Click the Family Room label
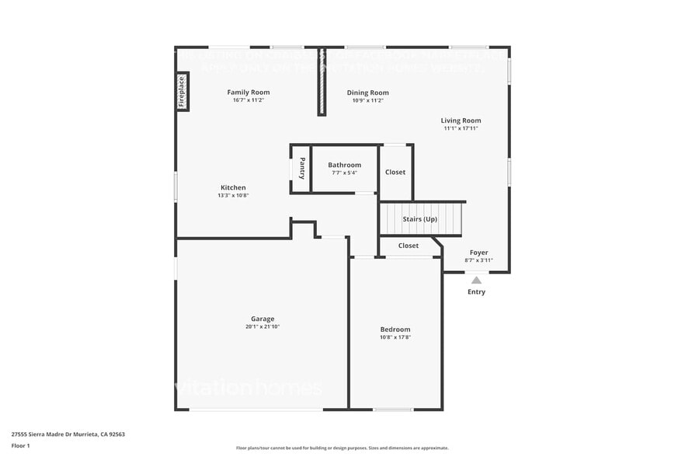coord(249,92)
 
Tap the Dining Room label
coord(367,92)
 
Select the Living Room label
coord(461,120)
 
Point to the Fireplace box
coord(183,91)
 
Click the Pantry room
coord(301,168)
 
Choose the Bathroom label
coord(344,165)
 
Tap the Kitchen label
coord(233,187)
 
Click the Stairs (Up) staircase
coord(420,218)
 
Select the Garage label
coord(263,319)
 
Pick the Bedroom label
coord(395,330)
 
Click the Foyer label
coord(478,253)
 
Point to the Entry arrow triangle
coord(476,280)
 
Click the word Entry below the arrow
coord(476,292)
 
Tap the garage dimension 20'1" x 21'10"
coord(263,326)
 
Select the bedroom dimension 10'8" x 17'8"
coord(395,337)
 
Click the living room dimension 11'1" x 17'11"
coord(461,128)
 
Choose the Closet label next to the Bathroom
coord(395,172)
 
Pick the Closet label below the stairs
coord(409,246)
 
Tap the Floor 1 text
coord(20,445)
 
